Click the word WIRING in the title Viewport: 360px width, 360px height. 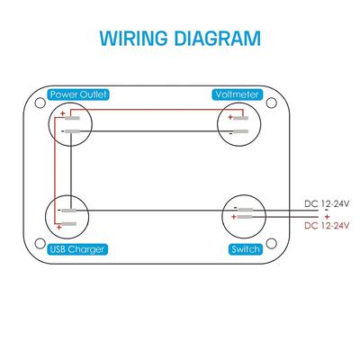click(133, 38)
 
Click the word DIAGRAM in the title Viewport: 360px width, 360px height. click(218, 38)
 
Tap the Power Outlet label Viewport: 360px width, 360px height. click(78, 94)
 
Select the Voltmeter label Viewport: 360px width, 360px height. click(237, 94)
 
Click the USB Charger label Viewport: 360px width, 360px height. click(77, 249)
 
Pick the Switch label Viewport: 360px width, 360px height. click(246, 249)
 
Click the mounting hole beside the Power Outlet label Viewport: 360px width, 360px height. click(40, 103)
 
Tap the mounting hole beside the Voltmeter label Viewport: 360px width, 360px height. click(271, 103)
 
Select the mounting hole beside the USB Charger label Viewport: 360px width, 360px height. click(40, 244)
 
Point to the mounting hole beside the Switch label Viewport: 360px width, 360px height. click(271, 244)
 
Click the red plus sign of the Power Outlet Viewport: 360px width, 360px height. click(63, 113)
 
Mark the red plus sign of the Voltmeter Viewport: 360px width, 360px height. click(230, 117)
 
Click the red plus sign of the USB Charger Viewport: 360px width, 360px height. click(59, 228)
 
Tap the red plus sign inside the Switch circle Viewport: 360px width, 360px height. click(234, 217)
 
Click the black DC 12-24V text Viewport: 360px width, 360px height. click(327, 204)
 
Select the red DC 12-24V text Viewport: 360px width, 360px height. click(327, 225)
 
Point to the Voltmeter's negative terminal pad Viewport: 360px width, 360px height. click(241, 131)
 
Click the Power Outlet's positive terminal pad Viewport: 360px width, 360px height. click(72, 118)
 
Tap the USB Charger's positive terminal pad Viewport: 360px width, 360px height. click(69, 224)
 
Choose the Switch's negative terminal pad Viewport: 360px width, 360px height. click(245, 210)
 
